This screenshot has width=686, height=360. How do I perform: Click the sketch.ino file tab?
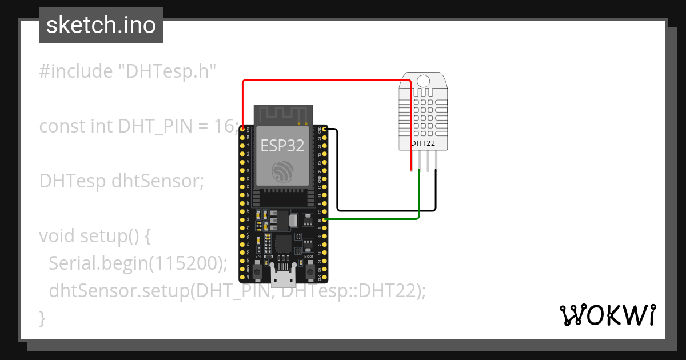101,25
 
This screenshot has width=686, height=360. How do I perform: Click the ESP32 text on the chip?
282,145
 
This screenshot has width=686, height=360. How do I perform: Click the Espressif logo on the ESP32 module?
282,171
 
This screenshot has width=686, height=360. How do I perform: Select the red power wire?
326,81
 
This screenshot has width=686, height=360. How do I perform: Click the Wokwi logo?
607,314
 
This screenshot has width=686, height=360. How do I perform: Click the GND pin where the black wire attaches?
325,130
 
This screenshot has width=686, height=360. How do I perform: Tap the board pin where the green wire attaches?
325,219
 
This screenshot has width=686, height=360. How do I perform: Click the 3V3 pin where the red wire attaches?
242,129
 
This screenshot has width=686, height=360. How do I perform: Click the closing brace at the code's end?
42,318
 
